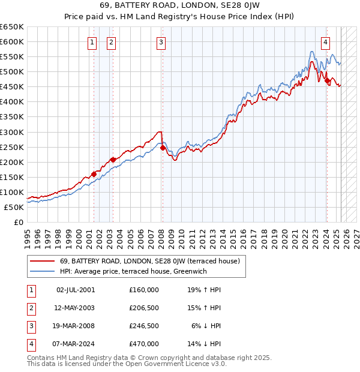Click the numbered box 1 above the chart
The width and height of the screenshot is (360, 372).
click(92, 42)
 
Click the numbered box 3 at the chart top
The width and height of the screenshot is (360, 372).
click(162, 42)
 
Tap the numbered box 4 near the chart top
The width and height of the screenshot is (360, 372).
click(325, 42)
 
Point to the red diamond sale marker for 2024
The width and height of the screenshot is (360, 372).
click(327, 81)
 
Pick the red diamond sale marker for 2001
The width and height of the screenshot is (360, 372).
click(94, 174)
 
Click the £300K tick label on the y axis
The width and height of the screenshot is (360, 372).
click(12, 132)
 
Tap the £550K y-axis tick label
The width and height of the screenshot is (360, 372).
click(12, 57)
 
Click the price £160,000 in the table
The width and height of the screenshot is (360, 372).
click(144, 290)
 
